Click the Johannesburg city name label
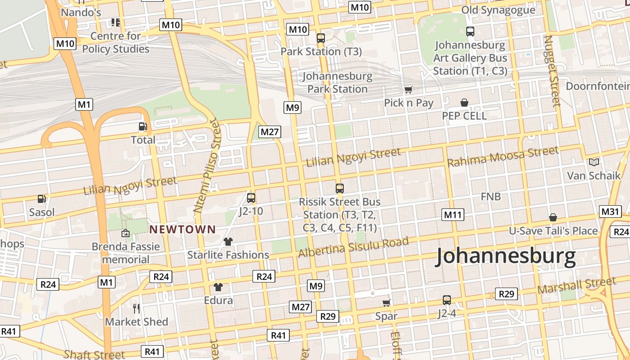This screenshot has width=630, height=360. coord(506,256)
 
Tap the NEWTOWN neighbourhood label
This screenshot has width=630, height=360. coord(182,229)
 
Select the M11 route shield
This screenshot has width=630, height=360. coord(453,215)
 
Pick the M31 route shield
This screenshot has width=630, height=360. coord(610,211)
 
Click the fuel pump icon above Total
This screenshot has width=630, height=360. coord(143,127)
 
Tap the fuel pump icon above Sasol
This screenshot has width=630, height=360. coord(41,198)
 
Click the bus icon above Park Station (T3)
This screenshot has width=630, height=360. coord(321,38)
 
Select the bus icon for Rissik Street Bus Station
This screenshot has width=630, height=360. coord(340,188)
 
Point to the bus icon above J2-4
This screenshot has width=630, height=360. coord(446,300)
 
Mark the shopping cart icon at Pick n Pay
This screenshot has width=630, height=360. coord(408,90)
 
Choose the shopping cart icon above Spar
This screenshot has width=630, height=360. coord(386,303)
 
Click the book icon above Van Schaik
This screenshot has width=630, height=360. coord(594,162)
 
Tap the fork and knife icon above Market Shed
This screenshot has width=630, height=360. coord(136,308)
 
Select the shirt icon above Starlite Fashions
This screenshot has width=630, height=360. coord(228,242)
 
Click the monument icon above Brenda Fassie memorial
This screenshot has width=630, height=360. coord(126,233)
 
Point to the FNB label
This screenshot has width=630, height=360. coord(490,197)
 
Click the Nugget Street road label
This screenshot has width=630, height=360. coord(552,71)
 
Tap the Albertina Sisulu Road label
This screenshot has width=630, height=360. coord(353,247)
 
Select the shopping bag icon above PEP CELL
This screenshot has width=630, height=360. coord(464,103)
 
